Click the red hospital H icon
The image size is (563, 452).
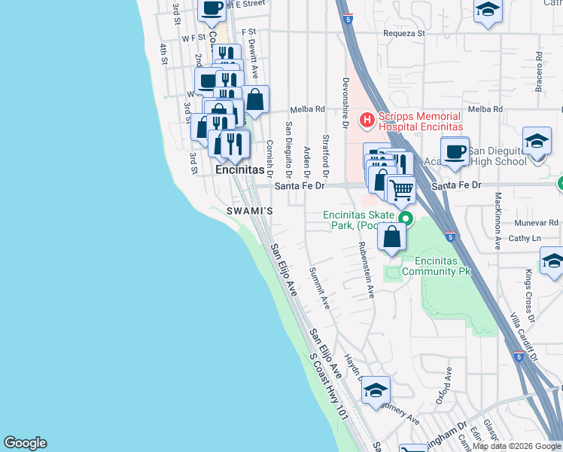coord(367,119)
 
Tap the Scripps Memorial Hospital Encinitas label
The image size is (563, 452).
coord(418,122)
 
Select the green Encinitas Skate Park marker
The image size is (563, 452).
coord(406,219)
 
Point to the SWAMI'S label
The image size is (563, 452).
coord(248,212)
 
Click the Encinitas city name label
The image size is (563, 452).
coord(240,170)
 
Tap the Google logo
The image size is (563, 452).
coord(25,443)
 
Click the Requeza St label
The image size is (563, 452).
coord(404,33)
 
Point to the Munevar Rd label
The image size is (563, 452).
coord(537,223)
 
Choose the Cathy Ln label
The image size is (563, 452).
coord(526,238)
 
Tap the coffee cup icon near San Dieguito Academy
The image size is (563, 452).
coord(455,151)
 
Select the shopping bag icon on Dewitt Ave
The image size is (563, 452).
coord(255,99)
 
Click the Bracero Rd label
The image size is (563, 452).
coord(539,69)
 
